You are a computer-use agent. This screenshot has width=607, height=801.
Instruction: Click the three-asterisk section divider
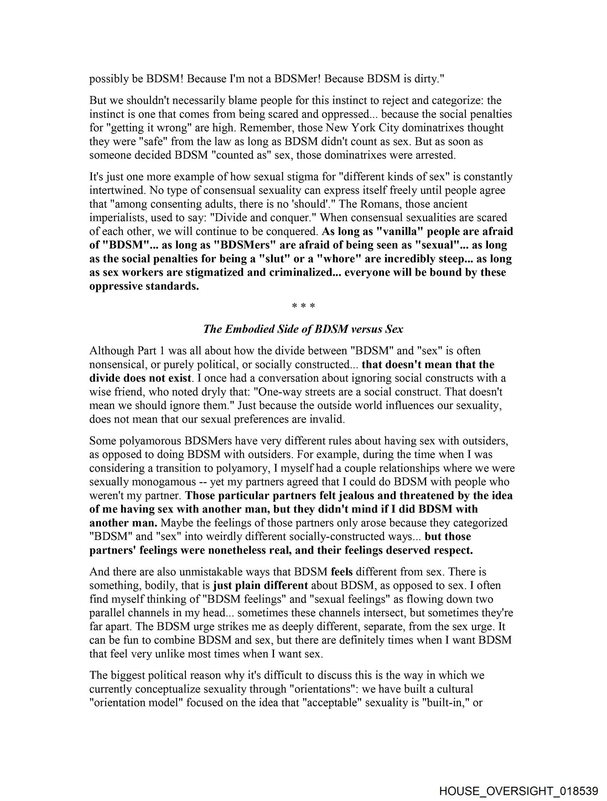click(x=303, y=307)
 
